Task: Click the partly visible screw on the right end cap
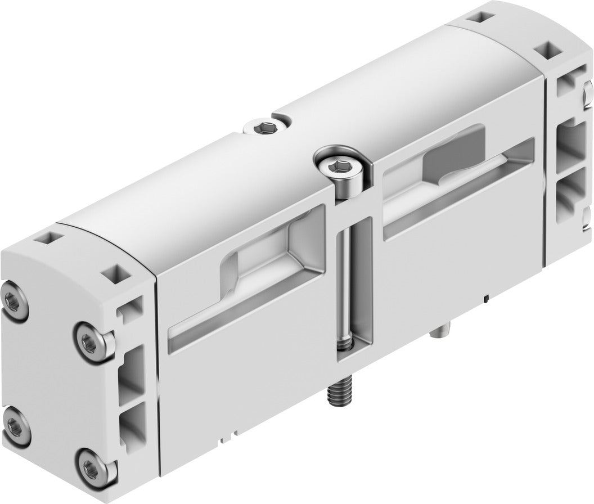pyautogui.click(x=588, y=93)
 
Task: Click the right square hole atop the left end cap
pyautogui.click(x=119, y=273)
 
